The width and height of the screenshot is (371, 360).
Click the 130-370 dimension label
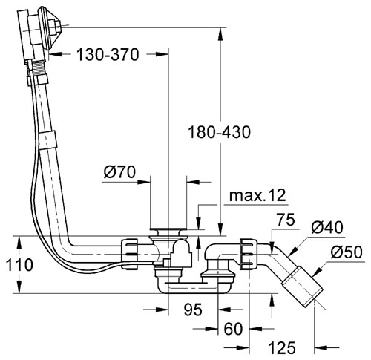point(108,55)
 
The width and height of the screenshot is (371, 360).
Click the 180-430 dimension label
point(220,132)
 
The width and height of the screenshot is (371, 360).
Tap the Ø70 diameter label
point(119,172)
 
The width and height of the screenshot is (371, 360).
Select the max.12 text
point(257,196)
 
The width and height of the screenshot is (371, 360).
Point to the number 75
point(286,220)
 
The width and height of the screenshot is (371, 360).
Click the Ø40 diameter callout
point(327,227)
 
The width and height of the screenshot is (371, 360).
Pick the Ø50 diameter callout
point(347,252)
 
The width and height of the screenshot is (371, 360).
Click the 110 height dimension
point(19,265)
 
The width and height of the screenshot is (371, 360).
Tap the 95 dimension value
point(193,310)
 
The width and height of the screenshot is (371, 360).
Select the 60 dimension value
point(233,329)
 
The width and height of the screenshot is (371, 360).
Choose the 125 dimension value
point(282,347)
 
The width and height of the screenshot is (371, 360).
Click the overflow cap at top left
point(50,28)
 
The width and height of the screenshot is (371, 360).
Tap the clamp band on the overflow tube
point(47,140)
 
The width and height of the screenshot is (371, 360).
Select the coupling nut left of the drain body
point(129,254)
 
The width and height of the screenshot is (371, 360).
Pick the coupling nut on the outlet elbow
point(249,254)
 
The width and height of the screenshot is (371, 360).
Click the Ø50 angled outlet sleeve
point(303,287)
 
